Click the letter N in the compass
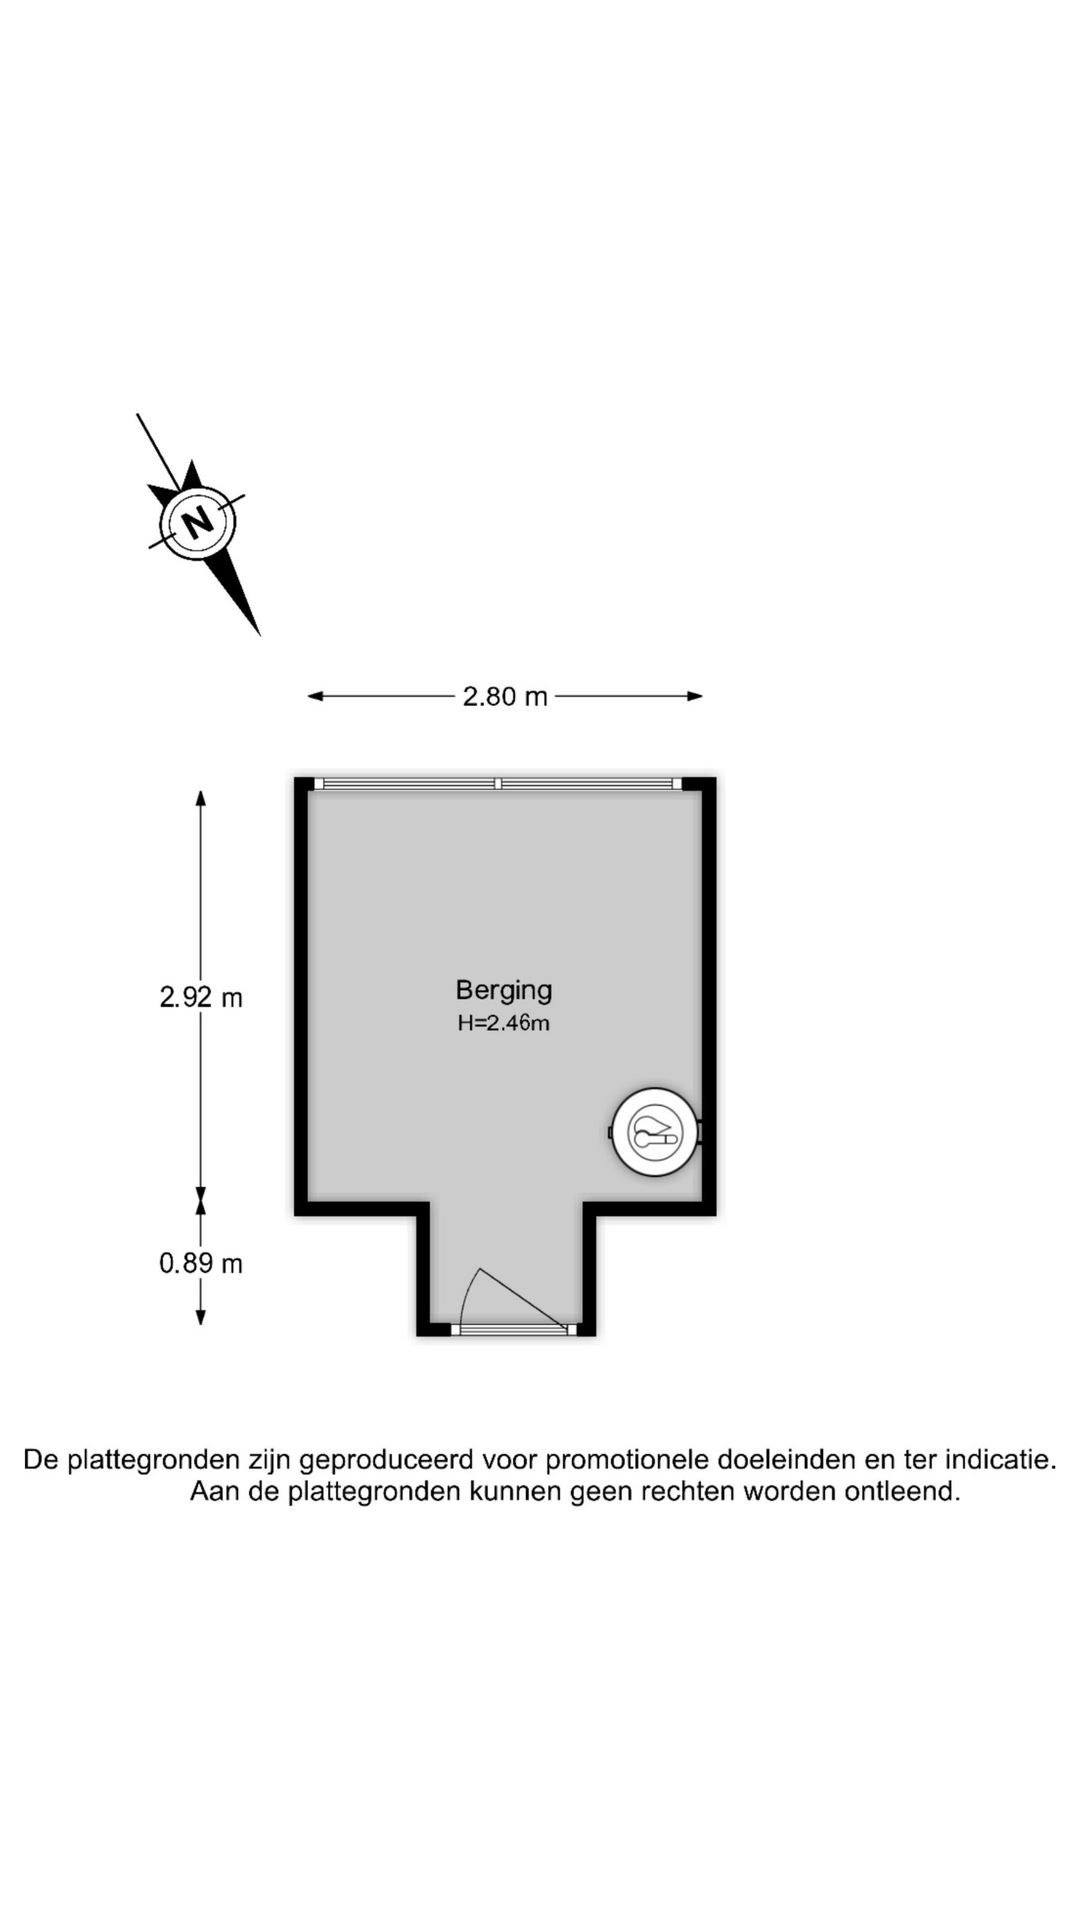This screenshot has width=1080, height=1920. (199, 521)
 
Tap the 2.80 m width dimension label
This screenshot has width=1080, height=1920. (505, 696)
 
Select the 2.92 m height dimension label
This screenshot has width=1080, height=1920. (201, 997)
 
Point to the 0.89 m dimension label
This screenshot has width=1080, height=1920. (201, 1263)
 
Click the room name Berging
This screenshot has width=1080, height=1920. (504, 990)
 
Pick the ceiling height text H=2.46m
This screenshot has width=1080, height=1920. (504, 1023)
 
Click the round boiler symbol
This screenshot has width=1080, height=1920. (655, 1132)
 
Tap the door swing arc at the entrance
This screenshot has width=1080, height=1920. (468, 1295)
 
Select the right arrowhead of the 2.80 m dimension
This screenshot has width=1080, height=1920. (695, 696)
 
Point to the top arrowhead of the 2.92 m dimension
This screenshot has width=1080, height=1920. (201, 798)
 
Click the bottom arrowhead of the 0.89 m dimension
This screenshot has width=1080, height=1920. (201, 1317)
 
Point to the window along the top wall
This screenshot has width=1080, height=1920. (498, 784)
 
